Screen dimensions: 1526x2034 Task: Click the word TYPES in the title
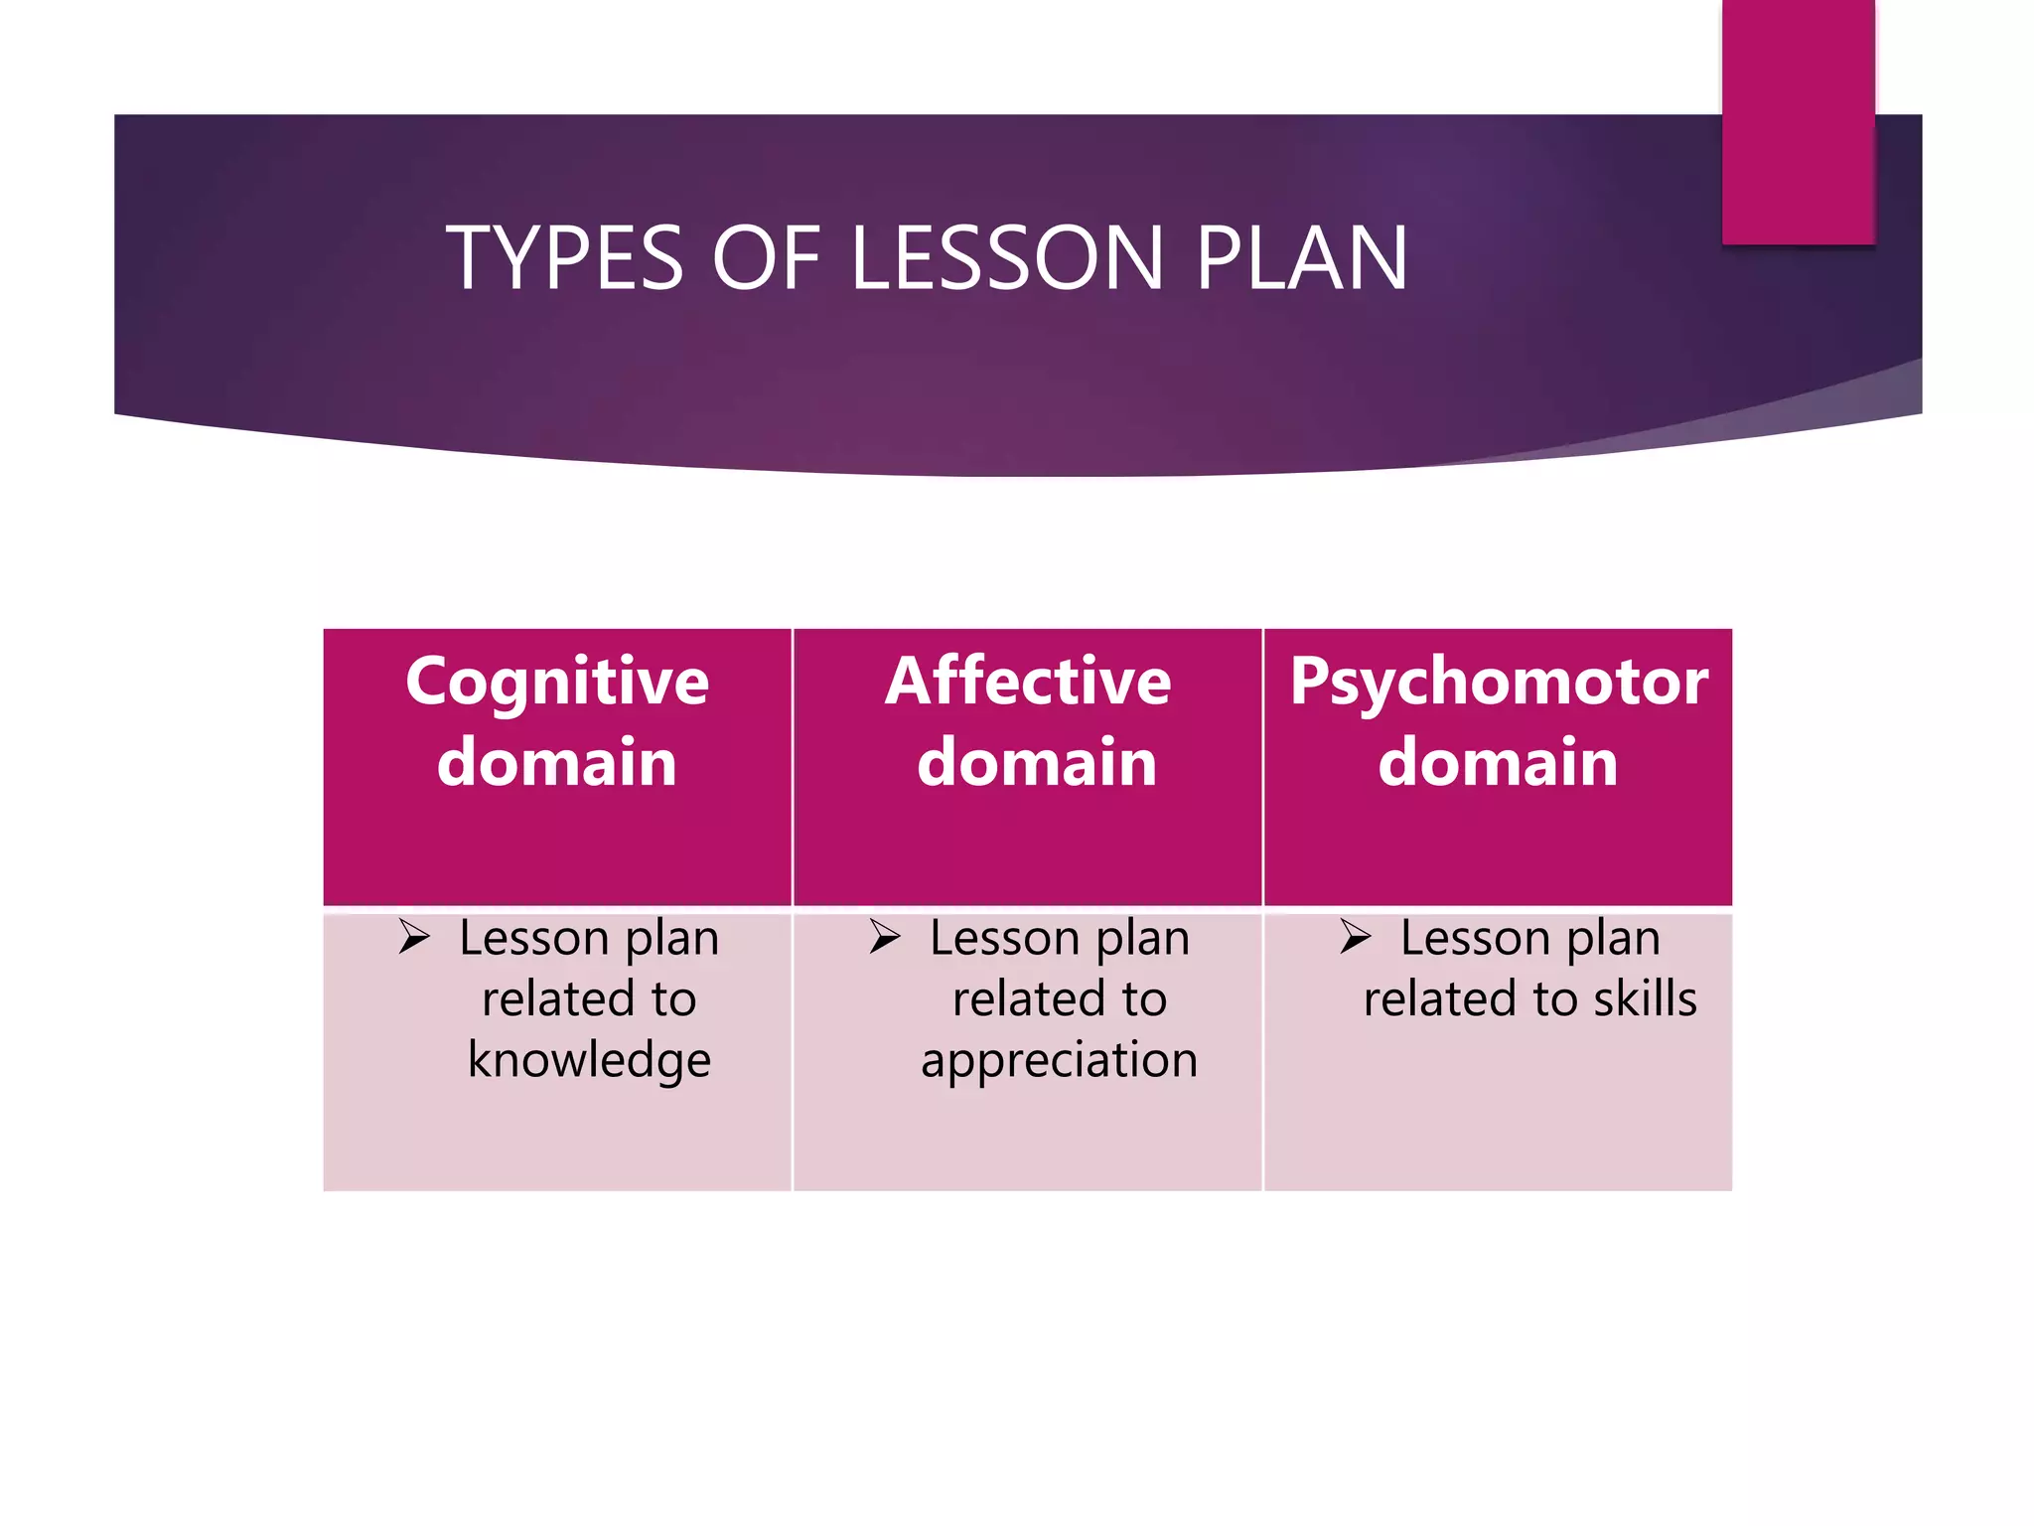coord(564,258)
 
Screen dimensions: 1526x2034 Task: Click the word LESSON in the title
coord(1006,258)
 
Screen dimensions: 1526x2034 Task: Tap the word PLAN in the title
coord(1301,258)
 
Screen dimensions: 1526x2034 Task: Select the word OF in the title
coord(766,258)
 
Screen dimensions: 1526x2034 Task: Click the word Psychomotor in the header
coord(1499,684)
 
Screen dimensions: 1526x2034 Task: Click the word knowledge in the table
coord(589,1060)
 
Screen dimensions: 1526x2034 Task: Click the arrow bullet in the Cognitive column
coord(414,937)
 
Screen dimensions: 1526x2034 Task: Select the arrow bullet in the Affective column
coord(884,937)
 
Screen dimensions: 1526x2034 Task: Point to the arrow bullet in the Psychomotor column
coord(1355,937)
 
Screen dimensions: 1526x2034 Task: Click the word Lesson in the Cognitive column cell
coord(533,939)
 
